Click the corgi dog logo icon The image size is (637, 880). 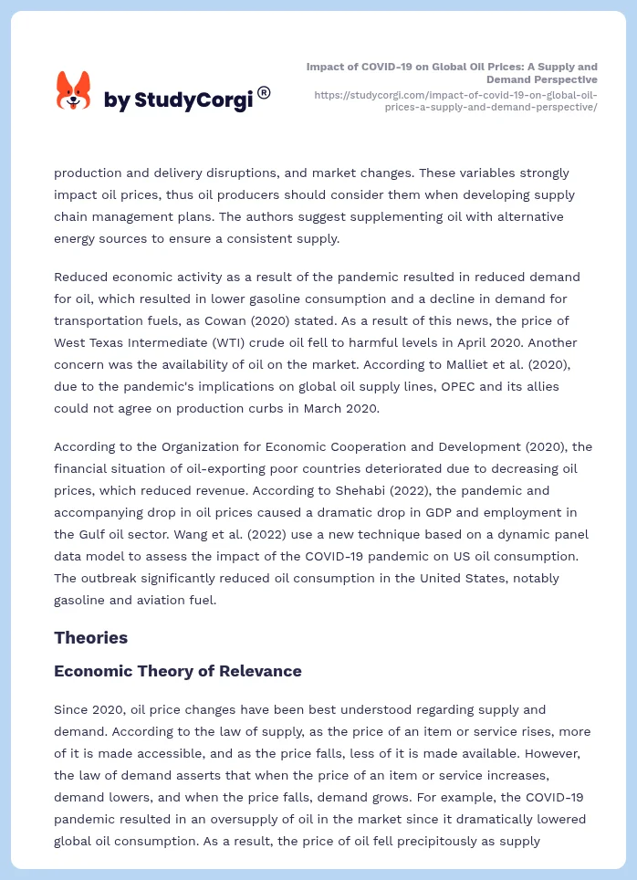73,91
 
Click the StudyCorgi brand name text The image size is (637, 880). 178,100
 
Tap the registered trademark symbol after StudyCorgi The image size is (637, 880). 264,92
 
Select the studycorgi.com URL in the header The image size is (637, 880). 455,100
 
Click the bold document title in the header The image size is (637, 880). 452,73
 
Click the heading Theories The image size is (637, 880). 90,637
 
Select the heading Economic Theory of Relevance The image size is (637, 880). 177,671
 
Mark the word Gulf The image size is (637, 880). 94,534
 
